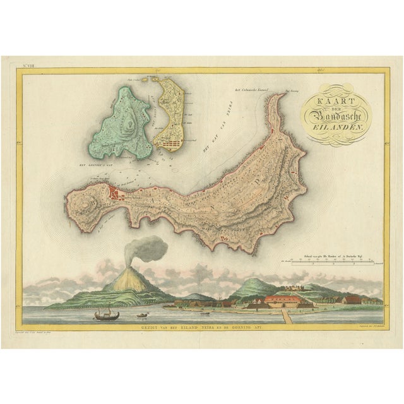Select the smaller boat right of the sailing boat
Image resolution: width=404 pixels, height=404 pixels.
pyautogui.click(x=143, y=313)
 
